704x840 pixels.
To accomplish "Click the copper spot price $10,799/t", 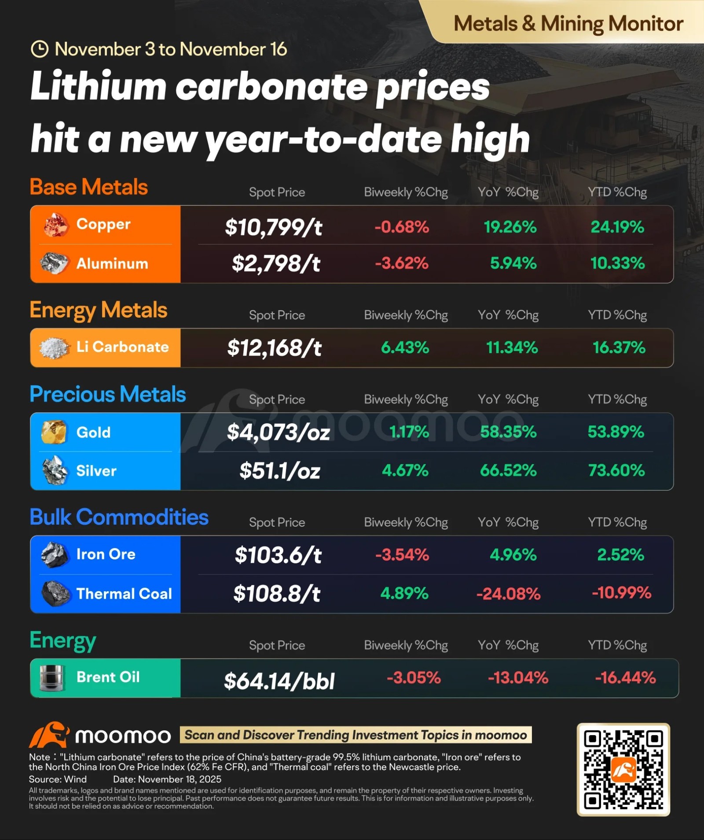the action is pos(274,227).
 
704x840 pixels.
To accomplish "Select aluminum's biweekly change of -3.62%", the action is pos(402,263).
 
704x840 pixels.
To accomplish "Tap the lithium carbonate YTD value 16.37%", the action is pos(619,348).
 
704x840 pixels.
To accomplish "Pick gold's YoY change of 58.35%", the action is pos(508,432).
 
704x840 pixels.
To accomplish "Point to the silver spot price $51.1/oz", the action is pos(280,471).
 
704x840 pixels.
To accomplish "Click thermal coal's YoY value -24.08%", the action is pos(508,594).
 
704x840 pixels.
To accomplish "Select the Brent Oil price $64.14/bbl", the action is pos(279,681).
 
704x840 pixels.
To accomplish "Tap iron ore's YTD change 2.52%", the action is pos(620,555).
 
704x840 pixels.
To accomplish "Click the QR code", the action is pos(623,770).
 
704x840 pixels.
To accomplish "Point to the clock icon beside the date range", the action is pos(40,49).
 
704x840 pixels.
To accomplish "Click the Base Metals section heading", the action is pos(89,187).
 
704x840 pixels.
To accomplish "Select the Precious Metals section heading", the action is pos(108,394).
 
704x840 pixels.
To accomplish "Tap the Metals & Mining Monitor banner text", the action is pos(568,24).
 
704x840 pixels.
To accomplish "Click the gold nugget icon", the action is pos(54,432).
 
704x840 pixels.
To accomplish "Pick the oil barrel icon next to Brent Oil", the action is pos(52,677).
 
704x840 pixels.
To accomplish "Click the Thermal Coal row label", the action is pos(124,594).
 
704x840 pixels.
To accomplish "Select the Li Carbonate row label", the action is pos(123,347).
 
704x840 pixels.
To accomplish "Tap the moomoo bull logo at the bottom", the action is pos(49,735).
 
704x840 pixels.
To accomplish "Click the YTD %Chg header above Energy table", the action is pos(617,645).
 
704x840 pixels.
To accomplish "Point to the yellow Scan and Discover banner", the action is pos(356,735).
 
